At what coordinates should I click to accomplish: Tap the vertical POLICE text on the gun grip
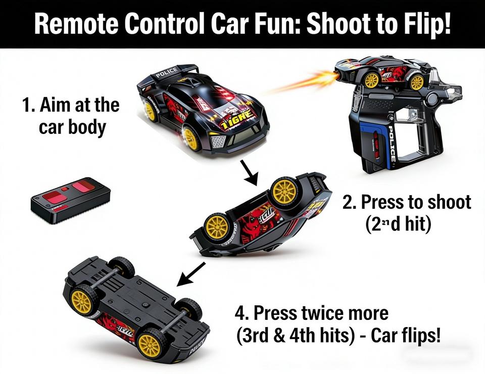(392, 144)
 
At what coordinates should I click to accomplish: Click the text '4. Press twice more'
(311, 313)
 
